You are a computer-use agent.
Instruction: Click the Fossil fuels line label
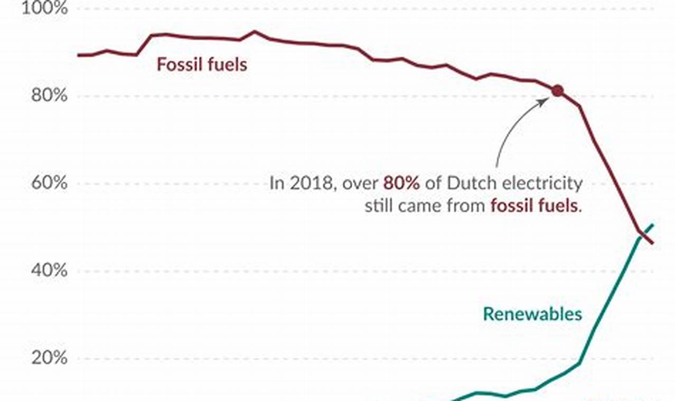(202, 65)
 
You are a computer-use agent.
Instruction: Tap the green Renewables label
(532, 314)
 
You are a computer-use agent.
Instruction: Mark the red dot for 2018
(557, 91)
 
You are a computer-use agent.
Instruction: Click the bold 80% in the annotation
(402, 184)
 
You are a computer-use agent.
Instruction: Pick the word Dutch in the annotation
(471, 184)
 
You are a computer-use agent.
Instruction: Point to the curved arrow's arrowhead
(547, 100)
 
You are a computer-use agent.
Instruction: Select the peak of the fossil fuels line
(254, 32)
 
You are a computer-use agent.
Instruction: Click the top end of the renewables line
(653, 225)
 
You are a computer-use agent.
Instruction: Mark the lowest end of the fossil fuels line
(653, 243)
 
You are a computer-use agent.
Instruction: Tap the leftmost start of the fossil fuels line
(78, 55)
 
